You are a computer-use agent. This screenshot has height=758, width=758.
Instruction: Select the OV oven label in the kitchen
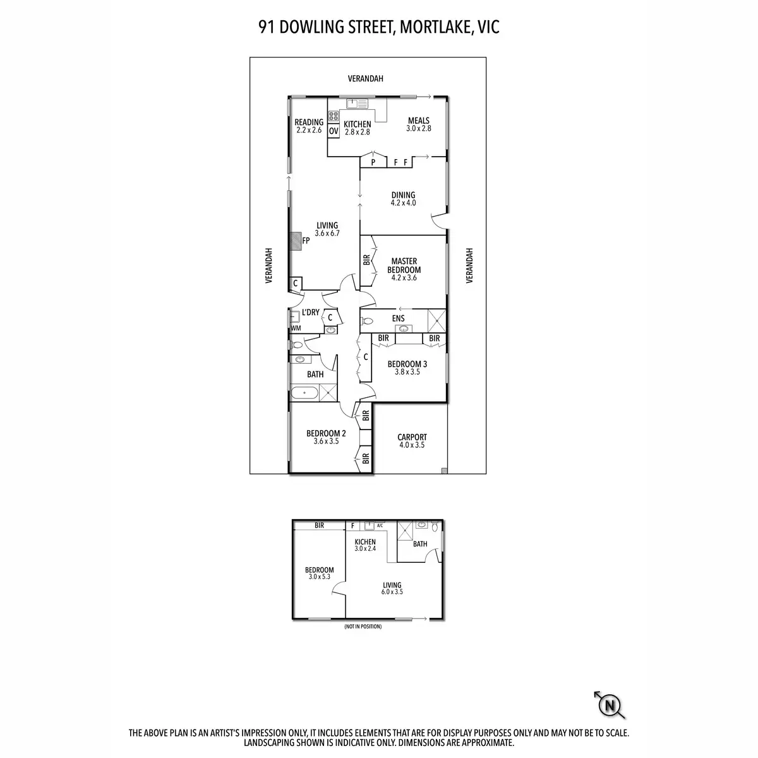(334, 131)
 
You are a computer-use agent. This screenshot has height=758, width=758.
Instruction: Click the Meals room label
(418, 121)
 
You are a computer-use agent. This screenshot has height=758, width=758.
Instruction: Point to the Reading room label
(309, 123)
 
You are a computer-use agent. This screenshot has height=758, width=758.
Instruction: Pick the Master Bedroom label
(405, 265)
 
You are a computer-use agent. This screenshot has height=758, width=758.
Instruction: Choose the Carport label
(412, 437)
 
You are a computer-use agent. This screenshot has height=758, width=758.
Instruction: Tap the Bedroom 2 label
(326, 433)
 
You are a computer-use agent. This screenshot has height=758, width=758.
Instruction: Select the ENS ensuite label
(398, 318)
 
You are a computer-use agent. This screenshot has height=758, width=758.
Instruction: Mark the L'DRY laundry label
(310, 313)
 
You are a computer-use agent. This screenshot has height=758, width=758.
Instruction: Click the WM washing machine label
(296, 328)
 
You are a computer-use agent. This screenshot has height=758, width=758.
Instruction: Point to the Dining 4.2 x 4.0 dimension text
(403, 203)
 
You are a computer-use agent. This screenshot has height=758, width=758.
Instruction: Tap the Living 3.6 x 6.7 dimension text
(327, 233)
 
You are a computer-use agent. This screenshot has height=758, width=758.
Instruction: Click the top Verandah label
(366, 79)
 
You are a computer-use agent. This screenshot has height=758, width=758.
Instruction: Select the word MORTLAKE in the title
(432, 27)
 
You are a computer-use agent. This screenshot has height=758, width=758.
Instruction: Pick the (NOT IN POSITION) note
(363, 627)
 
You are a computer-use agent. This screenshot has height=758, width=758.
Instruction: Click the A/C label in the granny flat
(380, 526)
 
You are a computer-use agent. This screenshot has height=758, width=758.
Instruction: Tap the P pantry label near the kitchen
(373, 162)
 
